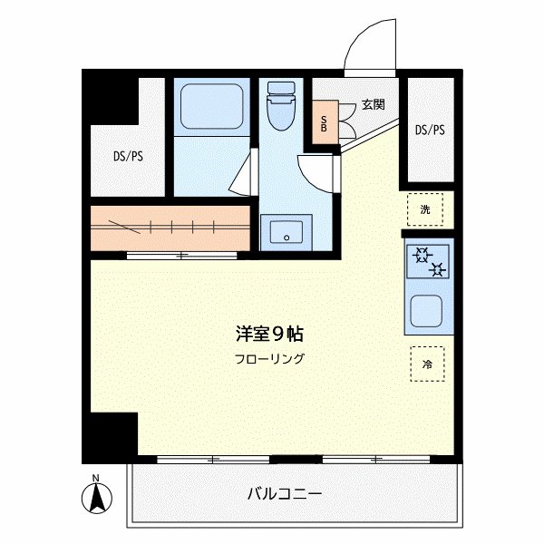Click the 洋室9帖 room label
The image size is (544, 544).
click(x=264, y=333)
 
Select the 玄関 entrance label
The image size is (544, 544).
click(x=373, y=104)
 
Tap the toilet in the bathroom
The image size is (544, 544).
click(x=280, y=108)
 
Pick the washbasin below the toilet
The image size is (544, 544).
click(x=286, y=232)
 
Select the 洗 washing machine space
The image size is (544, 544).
click(x=425, y=210)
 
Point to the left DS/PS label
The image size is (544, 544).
click(x=128, y=156)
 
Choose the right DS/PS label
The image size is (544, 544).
click(x=430, y=130)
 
